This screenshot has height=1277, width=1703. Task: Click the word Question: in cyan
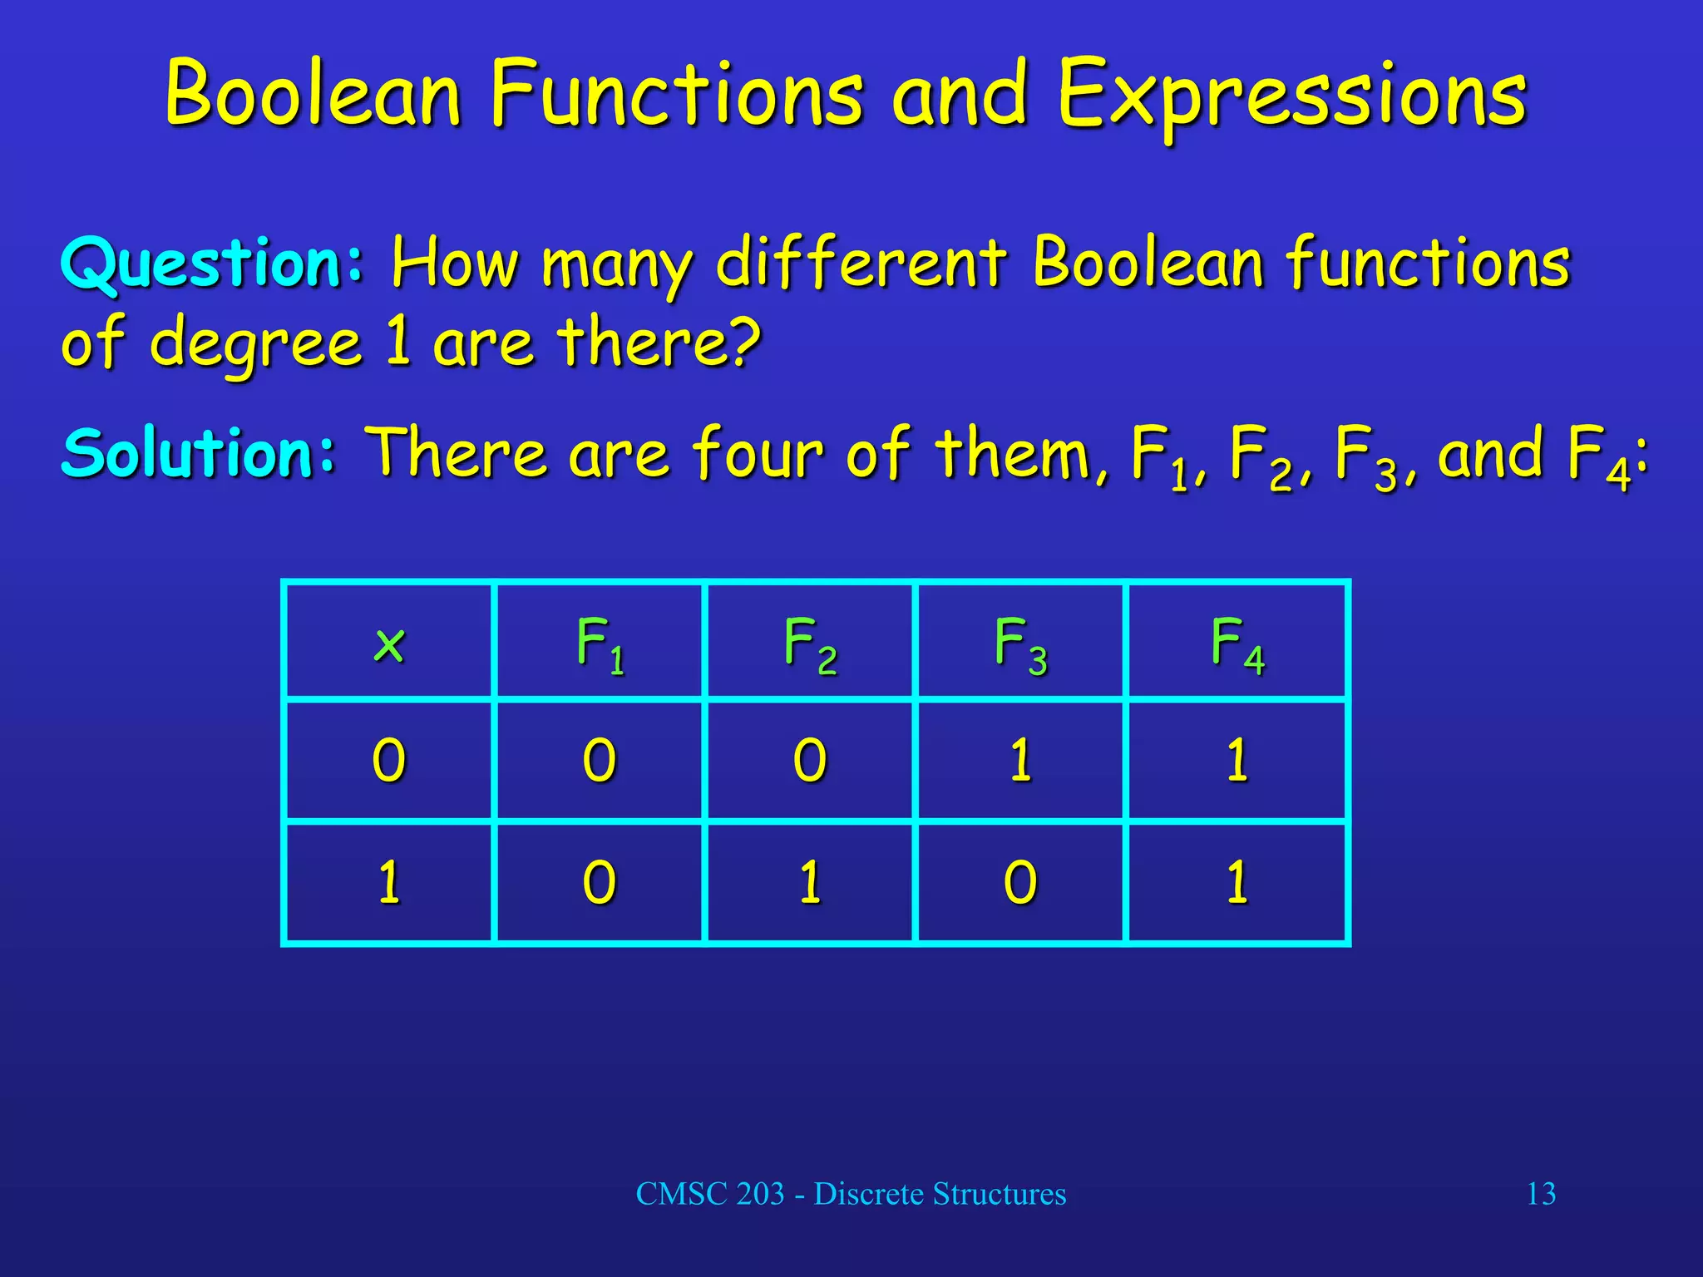[x=213, y=263]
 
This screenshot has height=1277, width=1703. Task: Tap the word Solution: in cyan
[x=199, y=453]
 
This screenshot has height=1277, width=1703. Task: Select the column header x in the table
[x=389, y=643]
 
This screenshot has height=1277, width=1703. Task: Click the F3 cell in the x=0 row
[x=1020, y=760]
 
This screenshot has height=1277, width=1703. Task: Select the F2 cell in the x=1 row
[x=810, y=882]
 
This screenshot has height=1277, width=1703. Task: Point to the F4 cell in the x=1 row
[x=1237, y=882]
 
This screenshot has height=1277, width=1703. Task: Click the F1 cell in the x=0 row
[x=600, y=760]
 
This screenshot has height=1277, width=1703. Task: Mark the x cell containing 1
[x=389, y=882]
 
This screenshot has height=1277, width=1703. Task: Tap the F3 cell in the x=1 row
[x=1020, y=882]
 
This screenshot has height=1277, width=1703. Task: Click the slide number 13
[x=1541, y=1194]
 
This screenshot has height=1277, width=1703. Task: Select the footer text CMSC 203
[x=710, y=1194]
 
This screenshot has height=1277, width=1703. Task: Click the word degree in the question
[x=256, y=343]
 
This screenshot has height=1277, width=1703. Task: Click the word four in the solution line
[x=757, y=453]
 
